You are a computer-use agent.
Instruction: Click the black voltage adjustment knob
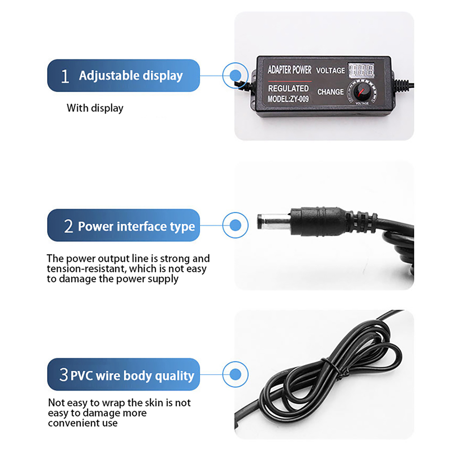pos(362,91)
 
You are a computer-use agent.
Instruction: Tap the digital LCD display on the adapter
pos(361,70)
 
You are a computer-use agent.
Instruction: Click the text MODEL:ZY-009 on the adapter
pos(288,99)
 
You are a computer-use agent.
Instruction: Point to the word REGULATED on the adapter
pos(288,88)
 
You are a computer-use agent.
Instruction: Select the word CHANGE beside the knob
pos(331,92)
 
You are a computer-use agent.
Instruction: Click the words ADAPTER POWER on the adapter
pos(290,70)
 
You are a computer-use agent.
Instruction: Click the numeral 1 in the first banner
pos(65,76)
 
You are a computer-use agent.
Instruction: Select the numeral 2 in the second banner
pos(68,226)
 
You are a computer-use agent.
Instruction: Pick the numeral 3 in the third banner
pos(64,375)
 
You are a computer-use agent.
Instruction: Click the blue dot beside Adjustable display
pos(235,75)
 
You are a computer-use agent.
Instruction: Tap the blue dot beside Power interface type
pos(235,225)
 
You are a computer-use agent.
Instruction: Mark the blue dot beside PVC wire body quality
pos(235,374)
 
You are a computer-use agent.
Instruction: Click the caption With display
pos(95,108)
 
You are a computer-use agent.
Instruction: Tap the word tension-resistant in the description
pos(86,269)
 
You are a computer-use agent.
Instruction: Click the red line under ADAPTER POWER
pos(290,81)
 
